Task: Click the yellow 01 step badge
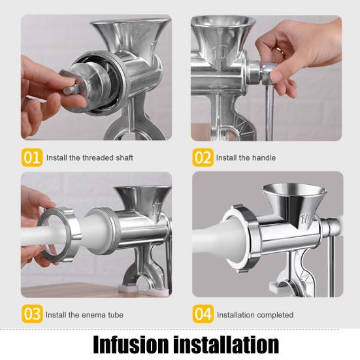pyautogui.click(x=32, y=157)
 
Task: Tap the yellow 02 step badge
pyautogui.click(x=203, y=157)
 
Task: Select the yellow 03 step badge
pyautogui.click(x=32, y=314)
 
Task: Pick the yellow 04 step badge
pyautogui.click(x=203, y=314)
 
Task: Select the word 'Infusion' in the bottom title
pyautogui.click(x=131, y=344)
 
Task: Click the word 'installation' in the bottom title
pyautogui.click(x=226, y=344)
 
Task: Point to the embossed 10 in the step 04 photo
pyautogui.click(x=306, y=220)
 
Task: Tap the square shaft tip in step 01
pyautogui.click(x=71, y=90)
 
